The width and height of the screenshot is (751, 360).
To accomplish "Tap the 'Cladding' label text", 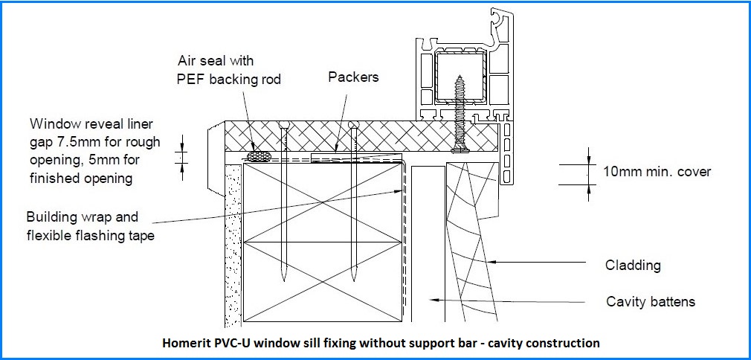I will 634,265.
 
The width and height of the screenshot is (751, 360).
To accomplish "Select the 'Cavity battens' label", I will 651,301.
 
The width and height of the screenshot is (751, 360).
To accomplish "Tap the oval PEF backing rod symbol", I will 258,156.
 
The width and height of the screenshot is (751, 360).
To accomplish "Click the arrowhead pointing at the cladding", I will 491,262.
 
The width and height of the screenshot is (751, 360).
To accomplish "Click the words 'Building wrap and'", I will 82,218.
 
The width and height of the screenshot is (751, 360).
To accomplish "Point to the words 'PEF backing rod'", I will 229,80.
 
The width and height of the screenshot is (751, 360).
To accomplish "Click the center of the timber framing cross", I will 320,242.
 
